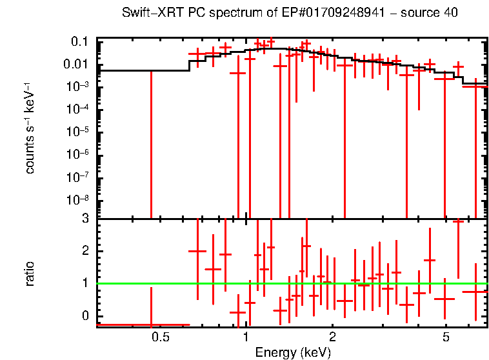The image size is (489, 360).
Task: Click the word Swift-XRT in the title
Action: pos(146,14)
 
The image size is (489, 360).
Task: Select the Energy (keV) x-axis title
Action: pos(293,352)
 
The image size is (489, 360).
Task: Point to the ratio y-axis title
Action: pos(30,273)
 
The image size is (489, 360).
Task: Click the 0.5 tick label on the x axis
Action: pos(160,337)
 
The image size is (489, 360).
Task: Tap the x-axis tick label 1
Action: pos(246,337)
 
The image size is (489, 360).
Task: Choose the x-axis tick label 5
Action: pos(446,337)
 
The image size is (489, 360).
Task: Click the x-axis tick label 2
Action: pos(332,337)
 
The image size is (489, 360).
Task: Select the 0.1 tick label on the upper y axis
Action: pos(79,41)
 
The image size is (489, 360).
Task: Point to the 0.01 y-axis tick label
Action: pos(76,64)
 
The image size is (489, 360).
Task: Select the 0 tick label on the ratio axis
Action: pos(85,315)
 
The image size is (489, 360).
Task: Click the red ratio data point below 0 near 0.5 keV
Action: pos(151,325)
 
